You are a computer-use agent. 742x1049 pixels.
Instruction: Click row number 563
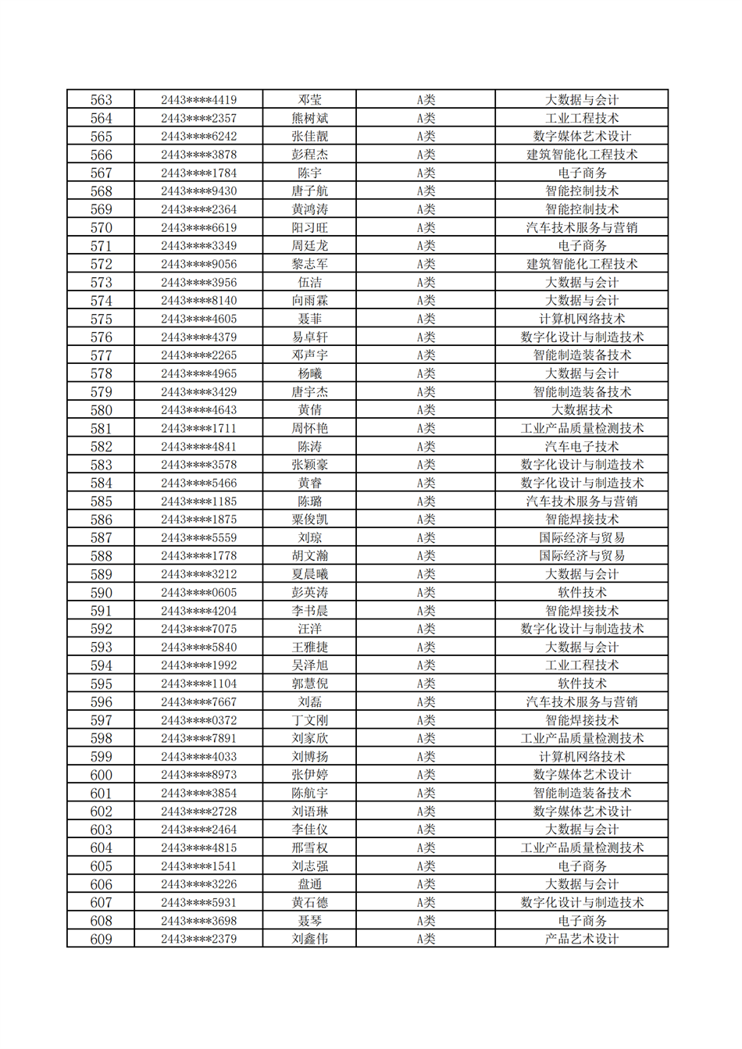(101, 100)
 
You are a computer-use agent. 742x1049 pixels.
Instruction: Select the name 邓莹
(309, 100)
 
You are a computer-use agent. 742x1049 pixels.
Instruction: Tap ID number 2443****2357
(198, 118)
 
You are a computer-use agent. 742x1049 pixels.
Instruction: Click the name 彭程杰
(309, 155)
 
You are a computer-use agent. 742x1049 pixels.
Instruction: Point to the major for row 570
(581, 227)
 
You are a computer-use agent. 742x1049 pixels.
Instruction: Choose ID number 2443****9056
(198, 264)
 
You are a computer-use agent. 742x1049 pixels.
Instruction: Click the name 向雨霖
(309, 301)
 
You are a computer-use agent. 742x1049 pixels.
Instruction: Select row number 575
(101, 319)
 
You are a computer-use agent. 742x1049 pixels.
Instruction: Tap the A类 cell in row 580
(425, 410)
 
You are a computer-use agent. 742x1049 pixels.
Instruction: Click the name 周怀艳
(309, 428)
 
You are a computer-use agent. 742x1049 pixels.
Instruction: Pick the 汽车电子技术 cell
(581, 447)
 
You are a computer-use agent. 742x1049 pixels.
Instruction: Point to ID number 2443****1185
(198, 501)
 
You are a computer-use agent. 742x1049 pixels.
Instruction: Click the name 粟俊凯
(309, 519)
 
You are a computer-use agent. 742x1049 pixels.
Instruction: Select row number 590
(101, 592)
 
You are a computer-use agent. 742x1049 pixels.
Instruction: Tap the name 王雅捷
(309, 647)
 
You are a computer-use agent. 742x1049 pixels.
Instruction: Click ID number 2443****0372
(198, 720)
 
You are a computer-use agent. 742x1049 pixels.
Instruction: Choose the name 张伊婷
(309, 775)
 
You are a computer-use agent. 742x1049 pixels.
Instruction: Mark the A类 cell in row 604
(425, 847)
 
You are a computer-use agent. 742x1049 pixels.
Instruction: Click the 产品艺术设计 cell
(581, 939)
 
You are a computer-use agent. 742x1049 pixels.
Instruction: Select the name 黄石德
(309, 902)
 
